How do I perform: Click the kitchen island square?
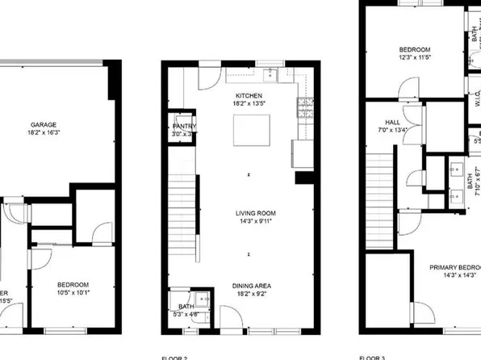[x=249, y=129]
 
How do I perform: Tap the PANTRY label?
[x=184, y=126]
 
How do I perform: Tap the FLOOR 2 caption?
[x=176, y=356]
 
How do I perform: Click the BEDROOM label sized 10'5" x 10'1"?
[x=73, y=284]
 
